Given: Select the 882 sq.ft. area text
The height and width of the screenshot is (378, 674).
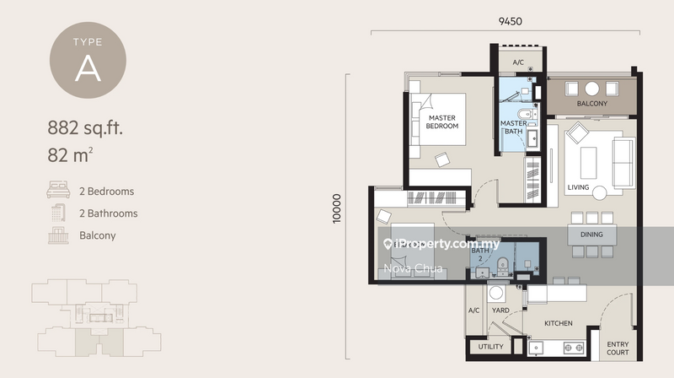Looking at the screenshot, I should click(x=85, y=129).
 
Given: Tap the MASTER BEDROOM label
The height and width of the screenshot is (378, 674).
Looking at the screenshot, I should click(x=442, y=121).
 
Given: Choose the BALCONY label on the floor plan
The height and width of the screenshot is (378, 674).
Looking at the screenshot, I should click(x=592, y=105).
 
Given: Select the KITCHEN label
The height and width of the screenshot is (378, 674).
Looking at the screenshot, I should click(x=558, y=323).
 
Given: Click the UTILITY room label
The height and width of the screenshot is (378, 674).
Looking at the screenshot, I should click(x=490, y=347).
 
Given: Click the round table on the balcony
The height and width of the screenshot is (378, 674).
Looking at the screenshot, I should click(x=592, y=89).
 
